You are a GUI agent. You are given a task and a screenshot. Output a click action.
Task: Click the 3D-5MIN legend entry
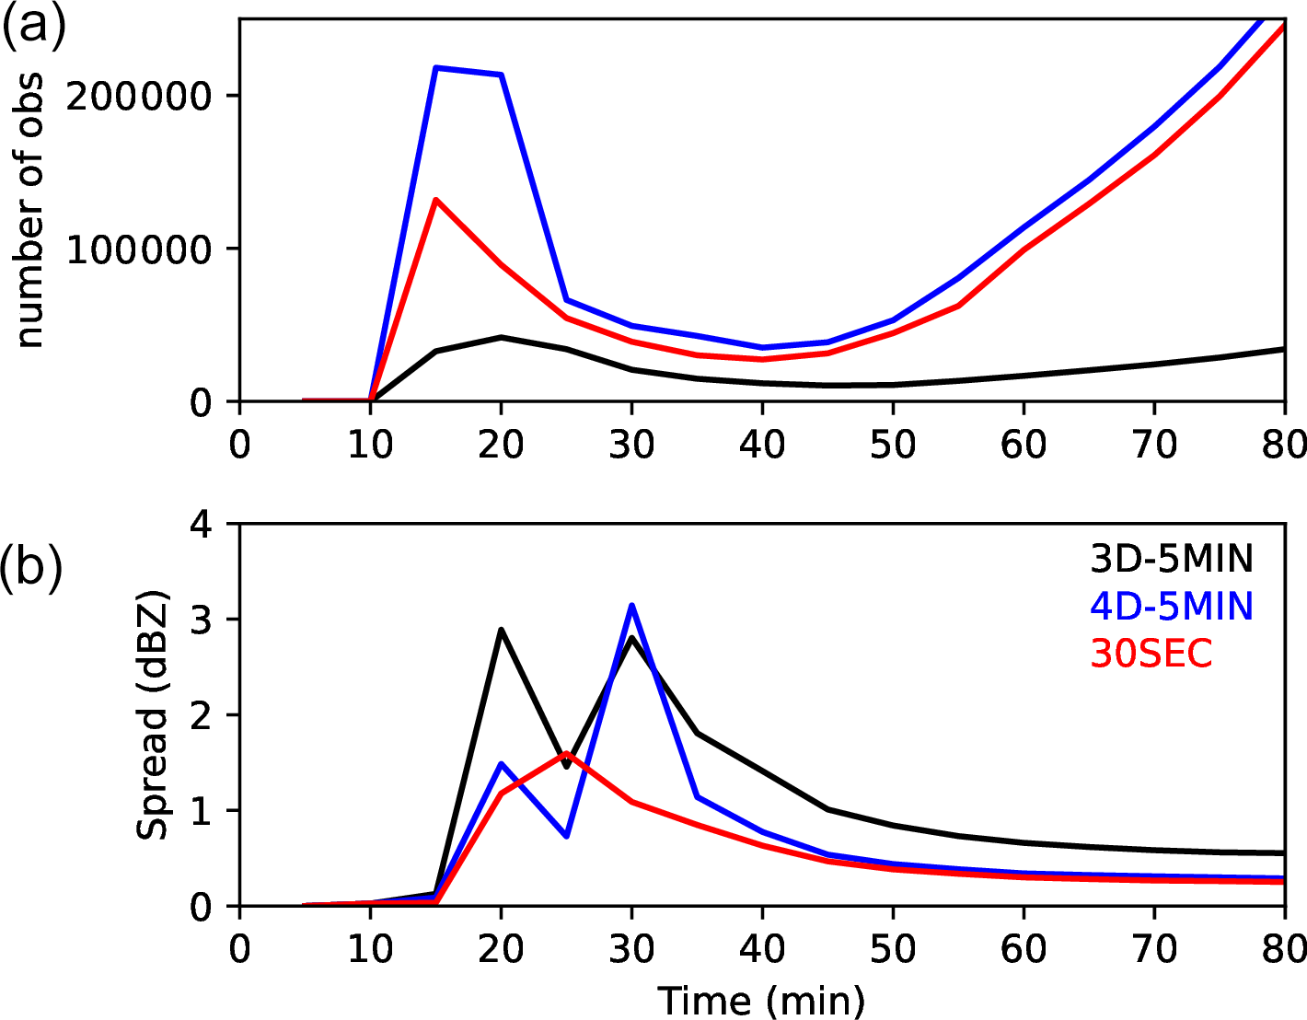coord(1171,558)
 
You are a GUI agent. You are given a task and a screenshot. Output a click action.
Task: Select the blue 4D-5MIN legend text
coord(1171,606)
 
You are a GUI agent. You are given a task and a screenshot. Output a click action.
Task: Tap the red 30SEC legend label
coord(1151,654)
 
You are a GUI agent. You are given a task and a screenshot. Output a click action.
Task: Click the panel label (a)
coord(33,28)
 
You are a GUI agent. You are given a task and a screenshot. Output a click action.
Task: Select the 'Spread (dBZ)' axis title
coord(153,715)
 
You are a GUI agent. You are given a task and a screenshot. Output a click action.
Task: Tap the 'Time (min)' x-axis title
coord(761,1001)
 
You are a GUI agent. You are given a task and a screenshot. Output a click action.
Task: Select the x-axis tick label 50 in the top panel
coord(893,446)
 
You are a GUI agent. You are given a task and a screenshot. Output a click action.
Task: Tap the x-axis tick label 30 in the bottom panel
coord(631,949)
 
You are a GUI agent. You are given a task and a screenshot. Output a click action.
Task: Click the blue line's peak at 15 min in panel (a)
coord(435,68)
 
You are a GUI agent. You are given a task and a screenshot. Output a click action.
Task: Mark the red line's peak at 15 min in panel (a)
coord(435,200)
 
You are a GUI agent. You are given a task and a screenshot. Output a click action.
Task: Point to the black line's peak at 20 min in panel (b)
coord(501,630)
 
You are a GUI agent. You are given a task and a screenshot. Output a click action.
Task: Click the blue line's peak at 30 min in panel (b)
coord(631,605)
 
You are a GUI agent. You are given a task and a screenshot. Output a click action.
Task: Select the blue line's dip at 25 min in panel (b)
coord(566,836)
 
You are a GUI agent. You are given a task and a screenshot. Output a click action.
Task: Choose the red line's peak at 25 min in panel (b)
coord(566,753)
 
